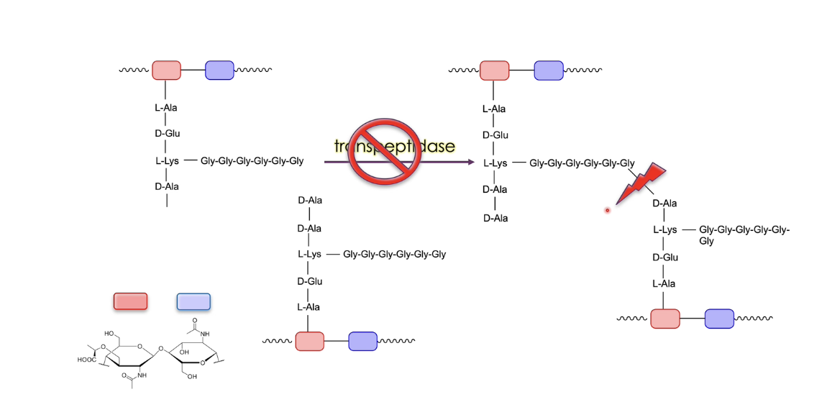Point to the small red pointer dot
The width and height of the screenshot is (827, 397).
point(608,210)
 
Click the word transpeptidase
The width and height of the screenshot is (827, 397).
point(395,146)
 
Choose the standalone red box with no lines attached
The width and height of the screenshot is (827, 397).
point(130,301)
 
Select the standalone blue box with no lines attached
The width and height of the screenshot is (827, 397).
point(193,301)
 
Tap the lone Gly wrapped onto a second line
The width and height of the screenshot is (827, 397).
point(706,241)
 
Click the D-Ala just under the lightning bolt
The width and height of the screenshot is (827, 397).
point(664,203)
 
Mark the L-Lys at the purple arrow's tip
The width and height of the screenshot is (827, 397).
point(495,163)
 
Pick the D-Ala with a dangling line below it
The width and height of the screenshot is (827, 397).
point(167,186)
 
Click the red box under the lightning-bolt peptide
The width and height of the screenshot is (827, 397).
point(664,319)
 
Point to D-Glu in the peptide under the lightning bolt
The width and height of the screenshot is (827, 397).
point(665,257)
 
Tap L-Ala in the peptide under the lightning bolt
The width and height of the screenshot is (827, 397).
point(665,283)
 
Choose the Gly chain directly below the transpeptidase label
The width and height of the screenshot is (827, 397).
point(394,254)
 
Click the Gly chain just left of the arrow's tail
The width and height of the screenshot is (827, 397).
point(252,161)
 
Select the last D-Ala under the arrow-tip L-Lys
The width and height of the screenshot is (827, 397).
point(495,217)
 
